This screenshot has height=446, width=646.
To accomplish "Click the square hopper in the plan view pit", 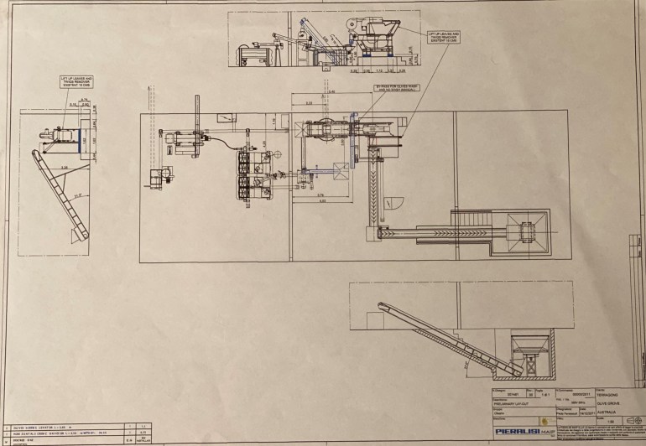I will coord(527,228).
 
